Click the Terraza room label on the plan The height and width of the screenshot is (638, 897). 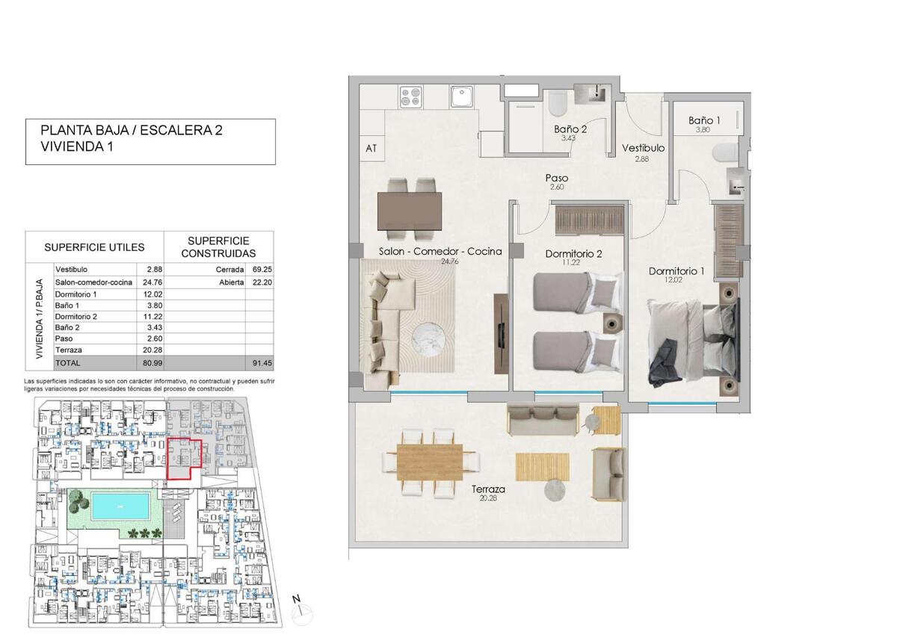point(487,489)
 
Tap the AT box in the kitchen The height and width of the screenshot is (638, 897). point(372,149)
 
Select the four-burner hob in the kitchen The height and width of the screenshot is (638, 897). point(411,97)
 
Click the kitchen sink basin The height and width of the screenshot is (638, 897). point(462,96)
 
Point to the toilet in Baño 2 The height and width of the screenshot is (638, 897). point(557,103)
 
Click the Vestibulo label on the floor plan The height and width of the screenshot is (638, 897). point(643,148)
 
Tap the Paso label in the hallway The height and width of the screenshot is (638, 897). point(557,178)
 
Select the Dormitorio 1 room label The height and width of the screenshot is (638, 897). point(676,271)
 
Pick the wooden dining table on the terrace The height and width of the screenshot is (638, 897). point(430,462)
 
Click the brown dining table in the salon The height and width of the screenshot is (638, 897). point(410,211)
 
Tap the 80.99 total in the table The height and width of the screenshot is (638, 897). point(152,363)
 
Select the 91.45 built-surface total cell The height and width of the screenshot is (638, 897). point(262,363)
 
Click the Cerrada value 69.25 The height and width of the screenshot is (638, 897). point(262,270)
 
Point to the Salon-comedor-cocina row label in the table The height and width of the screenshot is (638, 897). point(93,282)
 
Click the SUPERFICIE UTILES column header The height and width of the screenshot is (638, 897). point(94,247)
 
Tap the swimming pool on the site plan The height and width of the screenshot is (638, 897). point(120,506)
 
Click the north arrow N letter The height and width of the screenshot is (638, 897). point(296,599)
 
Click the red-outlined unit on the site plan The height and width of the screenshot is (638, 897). point(184,459)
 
